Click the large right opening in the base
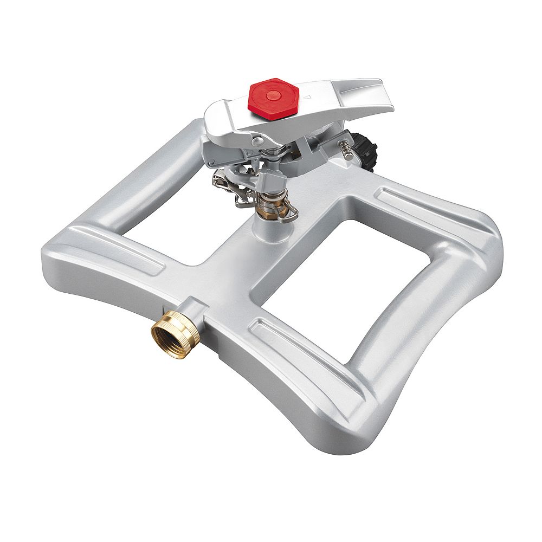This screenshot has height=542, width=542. [x=347, y=276]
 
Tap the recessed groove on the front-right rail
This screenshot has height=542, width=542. [x=304, y=352]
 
